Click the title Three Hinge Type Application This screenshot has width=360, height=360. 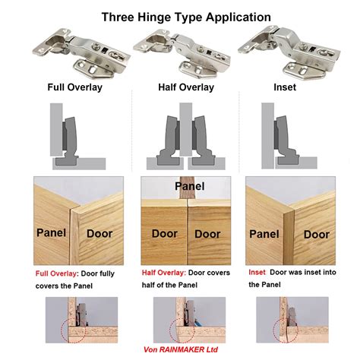coord(179,16)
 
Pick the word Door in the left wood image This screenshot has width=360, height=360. coord(99,234)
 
